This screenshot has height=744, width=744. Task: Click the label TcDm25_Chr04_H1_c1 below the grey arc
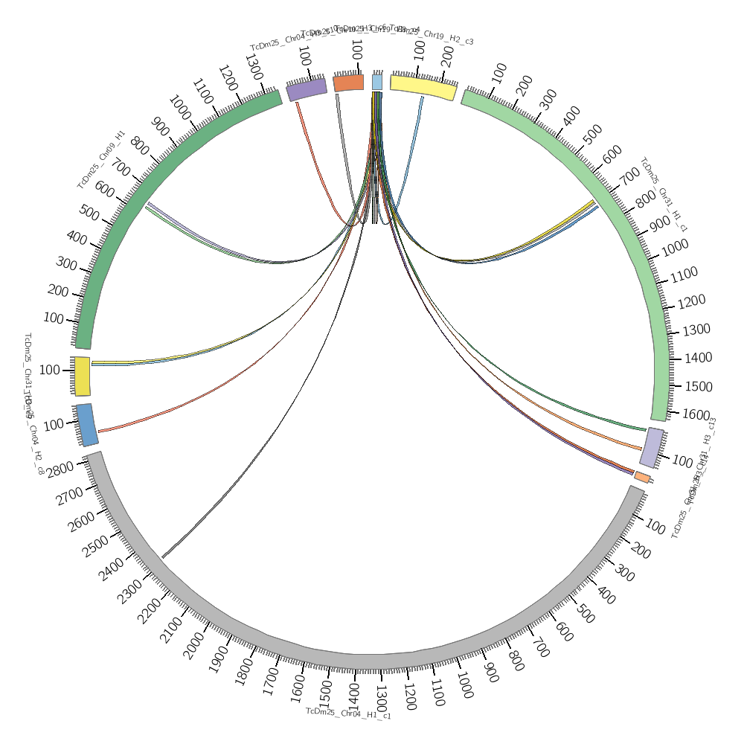[x=348, y=713]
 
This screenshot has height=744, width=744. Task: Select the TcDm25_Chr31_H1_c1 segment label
[x=664, y=195]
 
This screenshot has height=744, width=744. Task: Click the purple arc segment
[x=307, y=89]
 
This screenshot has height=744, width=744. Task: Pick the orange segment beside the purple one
[x=348, y=83]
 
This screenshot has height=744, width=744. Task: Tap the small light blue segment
[x=377, y=82]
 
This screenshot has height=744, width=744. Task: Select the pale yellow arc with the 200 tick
[x=423, y=86]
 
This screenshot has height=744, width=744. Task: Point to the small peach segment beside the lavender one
[x=642, y=477]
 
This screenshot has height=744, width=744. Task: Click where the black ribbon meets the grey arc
[x=162, y=557]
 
